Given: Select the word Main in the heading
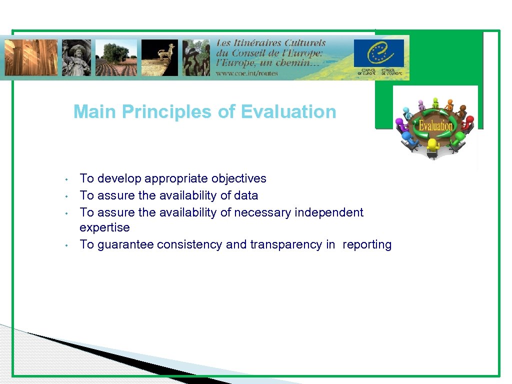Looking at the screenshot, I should point(95,112).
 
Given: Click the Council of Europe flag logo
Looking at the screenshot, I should point(378,53).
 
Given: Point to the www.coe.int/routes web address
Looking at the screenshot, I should point(247,73).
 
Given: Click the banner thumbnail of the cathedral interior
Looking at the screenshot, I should point(31,57).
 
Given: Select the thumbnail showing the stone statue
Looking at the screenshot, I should point(76,57).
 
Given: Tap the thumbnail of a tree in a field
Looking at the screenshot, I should point(116,57).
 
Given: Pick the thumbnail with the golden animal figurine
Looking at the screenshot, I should point(159,57).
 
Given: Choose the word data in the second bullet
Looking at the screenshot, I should point(245,195).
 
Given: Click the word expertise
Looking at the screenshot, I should point(104,228).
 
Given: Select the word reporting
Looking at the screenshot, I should point(367,244).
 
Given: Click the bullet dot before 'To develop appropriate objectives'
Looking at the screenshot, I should point(65,179).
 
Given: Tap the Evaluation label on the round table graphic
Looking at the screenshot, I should point(435,125).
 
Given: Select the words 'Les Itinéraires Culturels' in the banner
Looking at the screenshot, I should point(270,43).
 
